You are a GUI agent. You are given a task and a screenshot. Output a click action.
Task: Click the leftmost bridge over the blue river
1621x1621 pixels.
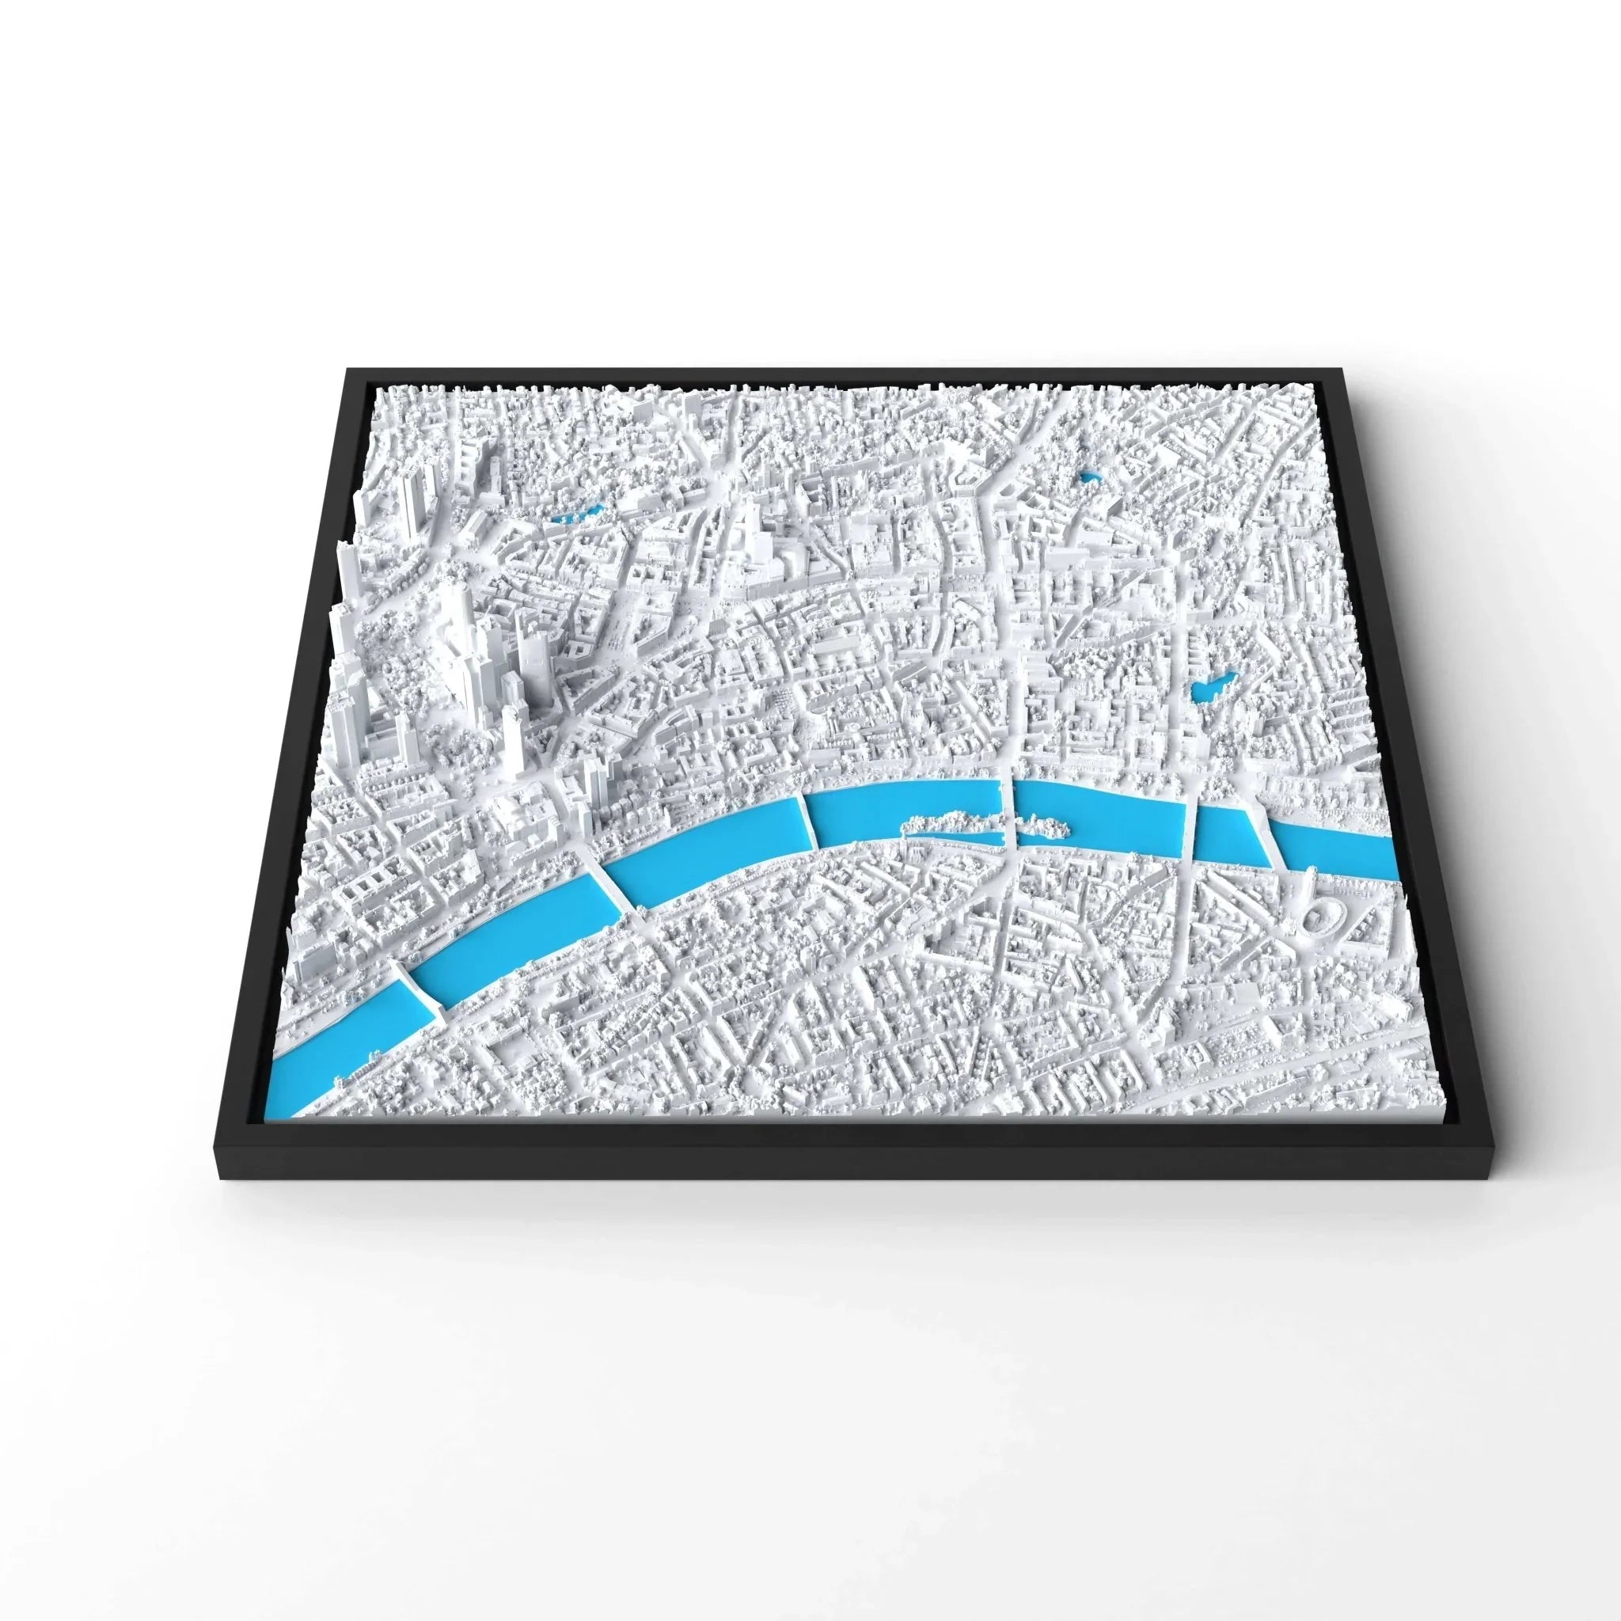(x=415, y=991)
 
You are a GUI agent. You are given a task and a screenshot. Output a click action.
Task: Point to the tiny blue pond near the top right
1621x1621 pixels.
(x=1091, y=478)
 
